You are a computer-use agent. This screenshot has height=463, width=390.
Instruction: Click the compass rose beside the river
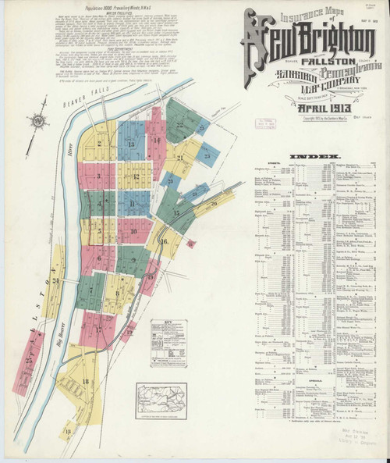[x=36, y=121]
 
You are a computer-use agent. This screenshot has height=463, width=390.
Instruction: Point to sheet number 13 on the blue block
[x=131, y=145]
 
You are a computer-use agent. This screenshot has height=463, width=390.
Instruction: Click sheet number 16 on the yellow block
[x=164, y=241]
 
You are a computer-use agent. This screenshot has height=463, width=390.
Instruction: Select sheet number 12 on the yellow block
[x=135, y=176]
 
